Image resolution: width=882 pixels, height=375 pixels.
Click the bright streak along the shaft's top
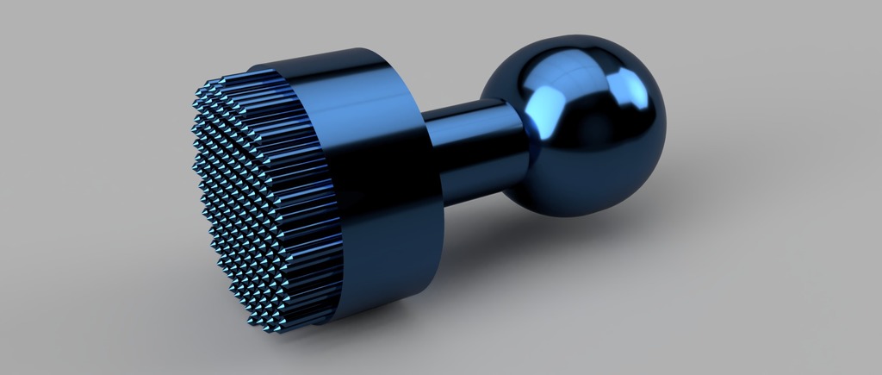[469, 108]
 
